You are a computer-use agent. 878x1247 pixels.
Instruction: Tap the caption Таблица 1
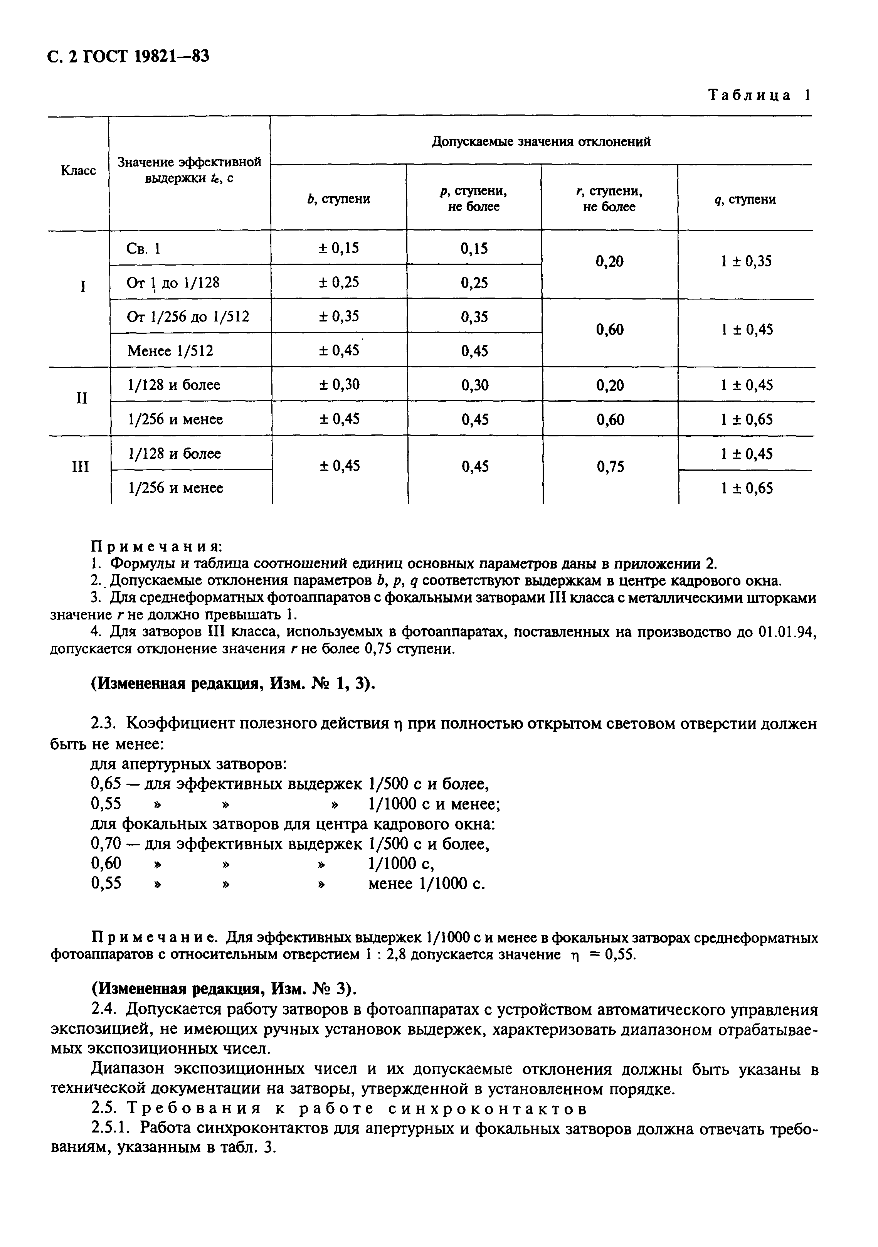coord(759,96)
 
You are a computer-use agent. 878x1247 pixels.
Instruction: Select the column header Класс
coord(78,170)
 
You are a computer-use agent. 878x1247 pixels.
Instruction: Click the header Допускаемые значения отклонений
coord(541,142)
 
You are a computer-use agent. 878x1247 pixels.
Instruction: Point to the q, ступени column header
coord(745,199)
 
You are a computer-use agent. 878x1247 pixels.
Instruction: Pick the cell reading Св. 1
coord(143,249)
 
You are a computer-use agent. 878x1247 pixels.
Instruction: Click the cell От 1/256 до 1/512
coord(188,316)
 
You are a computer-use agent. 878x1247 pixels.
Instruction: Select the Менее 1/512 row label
coord(170,351)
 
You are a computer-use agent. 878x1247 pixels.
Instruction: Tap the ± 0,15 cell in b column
coord(338,248)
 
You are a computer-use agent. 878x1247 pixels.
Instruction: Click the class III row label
coord(80,467)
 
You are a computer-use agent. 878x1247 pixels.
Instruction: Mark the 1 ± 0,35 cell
coord(746,262)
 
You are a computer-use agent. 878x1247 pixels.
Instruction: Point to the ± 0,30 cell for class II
coord(338,385)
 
